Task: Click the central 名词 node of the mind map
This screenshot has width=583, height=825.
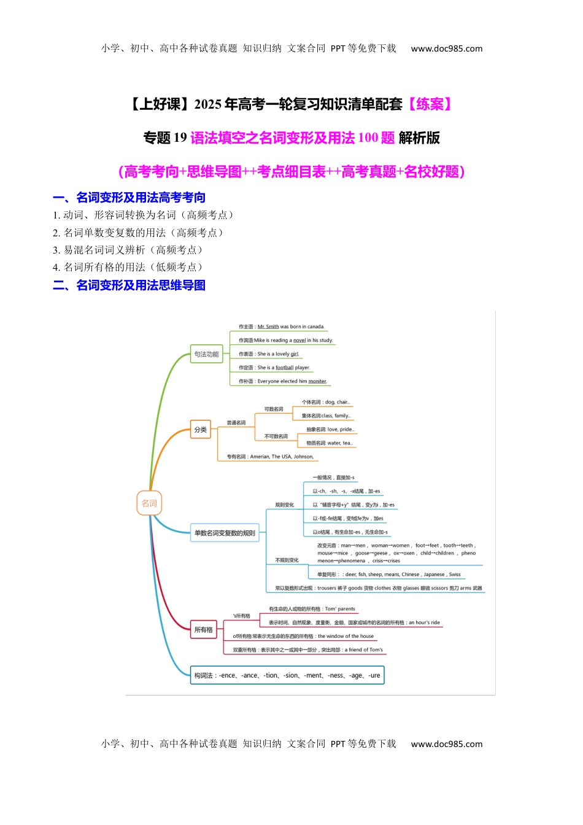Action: point(149,503)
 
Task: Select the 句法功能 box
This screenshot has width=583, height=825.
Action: point(206,354)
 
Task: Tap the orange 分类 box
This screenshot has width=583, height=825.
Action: point(201,430)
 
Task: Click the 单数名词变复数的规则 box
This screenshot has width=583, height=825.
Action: point(225,533)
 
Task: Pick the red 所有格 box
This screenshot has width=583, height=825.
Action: point(204,630)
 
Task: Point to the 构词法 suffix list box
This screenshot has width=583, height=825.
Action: point(287,675)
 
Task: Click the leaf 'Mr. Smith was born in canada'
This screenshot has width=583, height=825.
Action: point(282,327)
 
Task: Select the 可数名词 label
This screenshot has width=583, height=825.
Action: point(274,409)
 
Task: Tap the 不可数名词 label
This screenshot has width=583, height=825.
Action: point(276,436)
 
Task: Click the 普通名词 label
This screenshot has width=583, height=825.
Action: point(236,423)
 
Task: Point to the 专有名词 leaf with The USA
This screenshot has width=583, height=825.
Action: point(270,457)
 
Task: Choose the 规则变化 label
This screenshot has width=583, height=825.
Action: point(285,505)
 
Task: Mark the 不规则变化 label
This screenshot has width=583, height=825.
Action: point(287,560)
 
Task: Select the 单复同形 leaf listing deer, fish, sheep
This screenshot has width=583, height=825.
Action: point(388,575)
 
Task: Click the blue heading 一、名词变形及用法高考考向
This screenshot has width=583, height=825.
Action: point(129,198)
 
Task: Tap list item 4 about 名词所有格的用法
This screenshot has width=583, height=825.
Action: point(128,267)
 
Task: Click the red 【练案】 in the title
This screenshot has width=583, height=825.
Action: point(430,104)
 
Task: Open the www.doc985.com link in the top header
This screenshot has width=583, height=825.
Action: point(446,48)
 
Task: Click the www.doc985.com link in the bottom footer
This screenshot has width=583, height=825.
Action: point(446,744)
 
